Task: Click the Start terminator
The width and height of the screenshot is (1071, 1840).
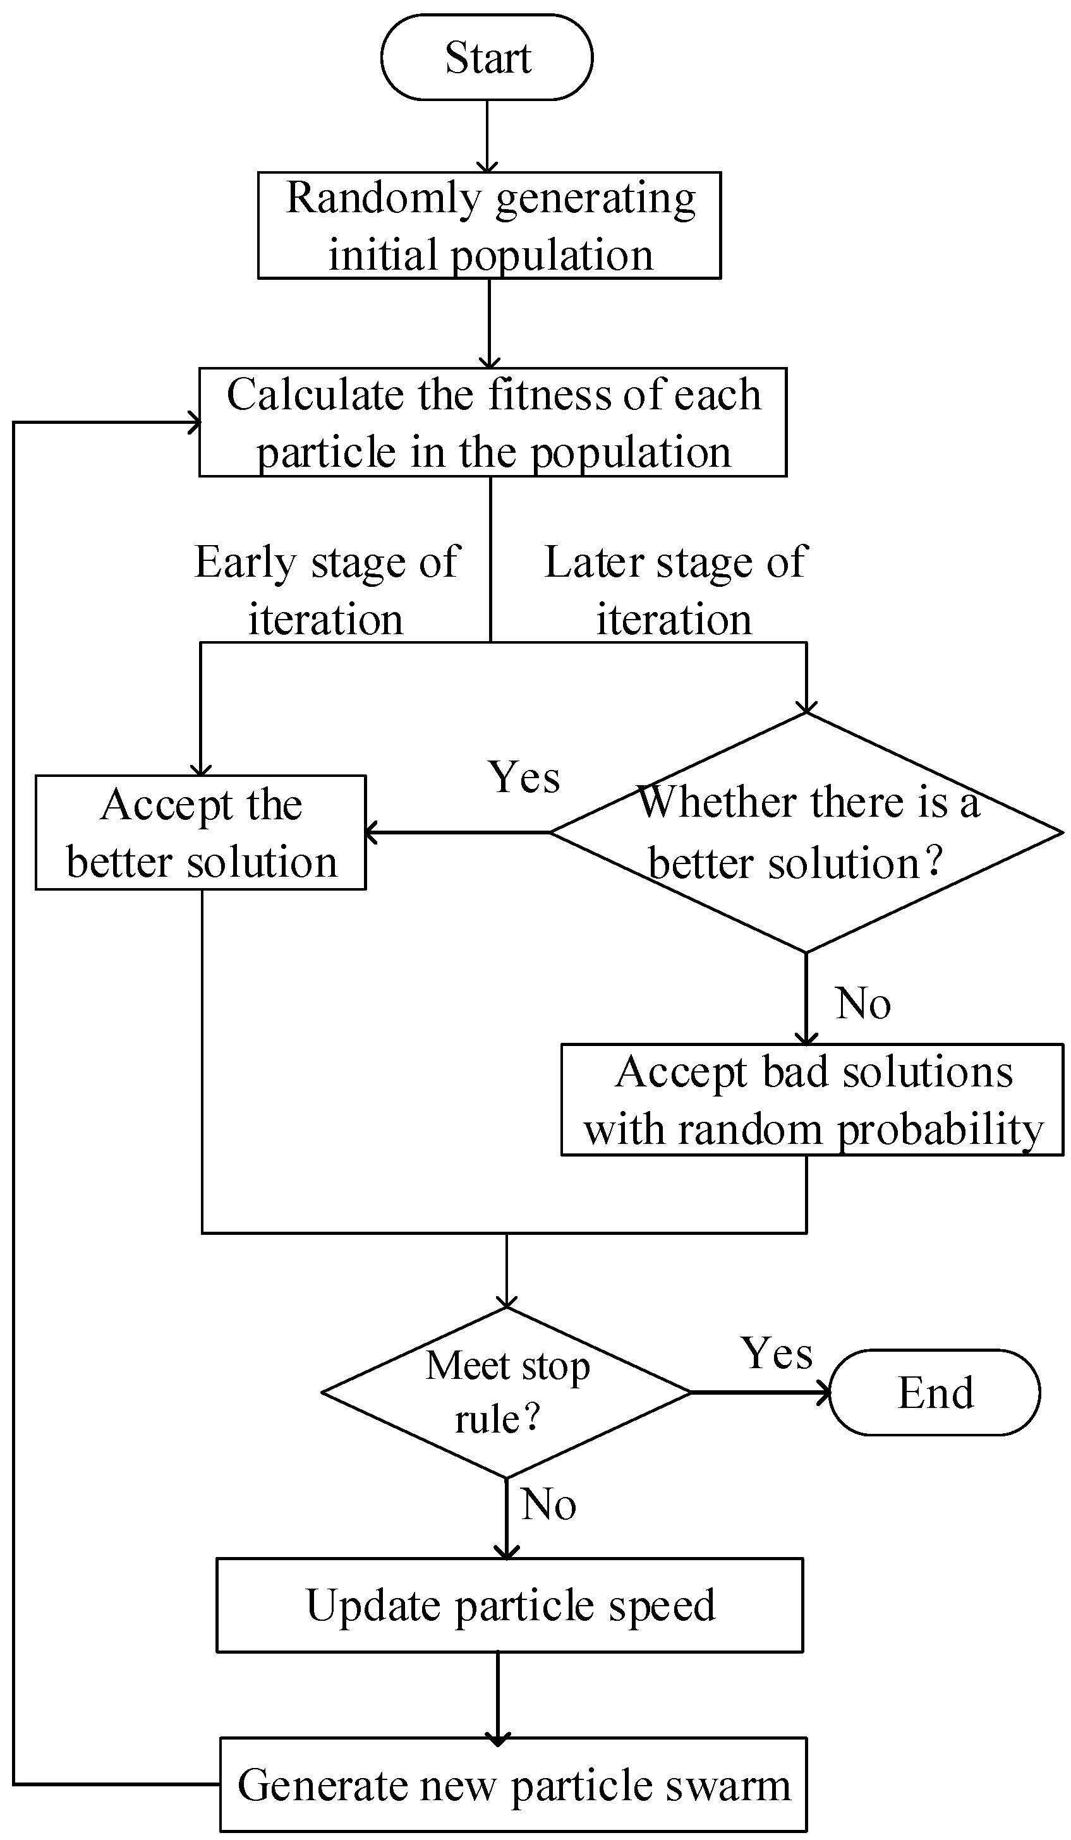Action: coord(487,57)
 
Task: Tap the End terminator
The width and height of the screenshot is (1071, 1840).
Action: coord(935,1392)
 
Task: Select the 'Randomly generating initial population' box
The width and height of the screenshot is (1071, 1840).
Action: coord(490,225)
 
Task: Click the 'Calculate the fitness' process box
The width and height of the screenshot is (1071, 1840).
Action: coord(492,422)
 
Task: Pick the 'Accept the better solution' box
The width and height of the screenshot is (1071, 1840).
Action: coord(201,833)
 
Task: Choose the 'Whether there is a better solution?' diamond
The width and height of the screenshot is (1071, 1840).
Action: coord(806,833)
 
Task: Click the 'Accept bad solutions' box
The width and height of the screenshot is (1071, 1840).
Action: coord(812,1100)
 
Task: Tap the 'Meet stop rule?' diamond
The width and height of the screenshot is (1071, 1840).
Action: coord(506,1392)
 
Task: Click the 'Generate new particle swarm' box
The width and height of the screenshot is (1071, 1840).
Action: coord(514,1784)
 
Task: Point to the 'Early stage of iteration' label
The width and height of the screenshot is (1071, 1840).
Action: coord(327,590)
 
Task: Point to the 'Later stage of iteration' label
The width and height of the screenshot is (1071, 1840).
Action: coord(675,590)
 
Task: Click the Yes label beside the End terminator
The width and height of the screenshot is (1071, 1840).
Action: coord(776,1354)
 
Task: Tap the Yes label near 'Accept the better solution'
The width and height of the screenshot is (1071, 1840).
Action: coord(524,777)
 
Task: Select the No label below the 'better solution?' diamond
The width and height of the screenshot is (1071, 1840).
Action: coord(862,1003)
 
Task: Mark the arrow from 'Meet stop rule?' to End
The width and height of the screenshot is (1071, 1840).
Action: coord(759,1392)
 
